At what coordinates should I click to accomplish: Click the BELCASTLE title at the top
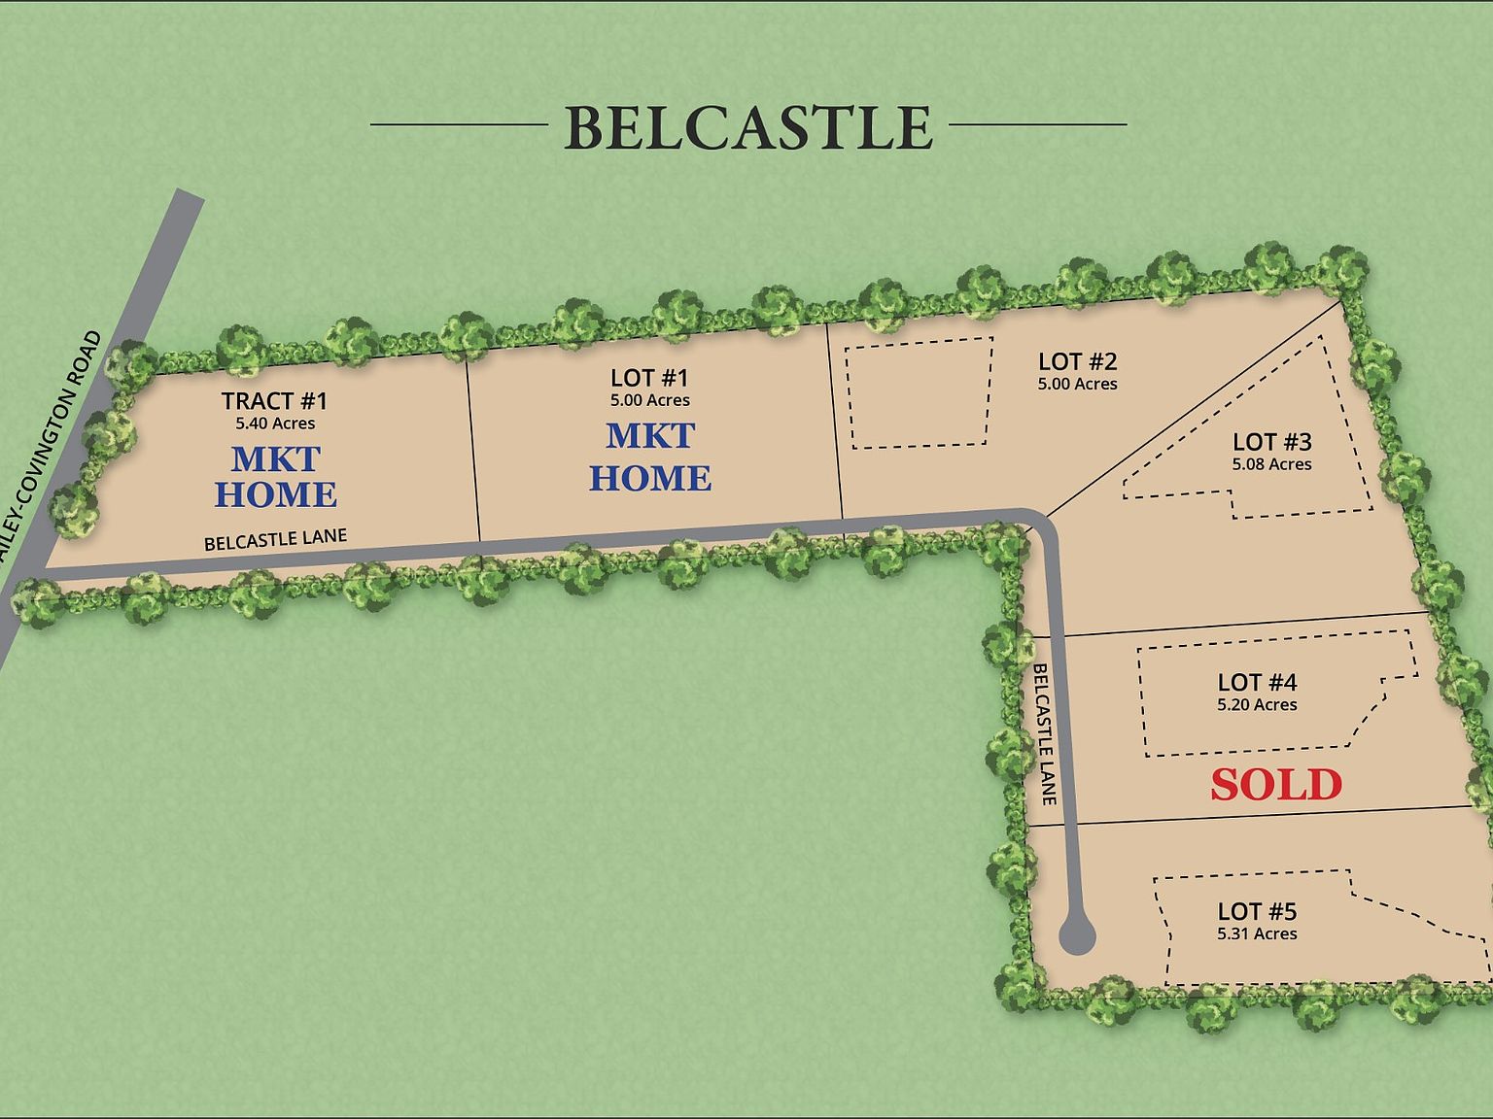pyautogui.click(x=747, y=127)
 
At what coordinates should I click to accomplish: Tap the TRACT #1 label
pyautogui.click(x=274, y=400)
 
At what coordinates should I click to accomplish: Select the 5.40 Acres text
pyautogui.click(x=275, y=424)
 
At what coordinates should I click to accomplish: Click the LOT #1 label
pyautogui.click(x=649, y=378)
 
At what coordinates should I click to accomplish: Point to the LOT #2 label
pyautogui.click(x=1077, y=361)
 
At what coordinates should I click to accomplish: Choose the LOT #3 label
pyautogui.click(x=1271, y=442)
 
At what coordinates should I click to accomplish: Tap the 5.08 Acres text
pyautogui.click(x=1271, y=464)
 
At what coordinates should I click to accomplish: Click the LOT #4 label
pyautogui.click(x=1257, y=682)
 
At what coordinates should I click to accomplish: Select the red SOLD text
pyautogui.click(x=1275, y=785)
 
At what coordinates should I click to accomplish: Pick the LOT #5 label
pyautogui.click(x=1257, y=911)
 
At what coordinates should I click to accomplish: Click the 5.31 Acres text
pyautogui.click(x=1257, y=933)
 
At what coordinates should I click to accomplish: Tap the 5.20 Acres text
pyautogui.click(x=1257, y=705)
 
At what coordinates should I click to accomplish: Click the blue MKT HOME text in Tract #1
pyautogui.click(x=275, y=476)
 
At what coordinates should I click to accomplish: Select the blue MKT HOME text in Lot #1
pyautogui.click(x=650, y=457)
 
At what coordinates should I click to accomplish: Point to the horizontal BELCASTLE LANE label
pyautogui.click(x=275, y=539)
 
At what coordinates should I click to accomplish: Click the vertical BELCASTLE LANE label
pyautogui.click(x=1043, y=733)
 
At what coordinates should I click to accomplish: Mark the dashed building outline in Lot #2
pyautogui.click(x=920, y=393)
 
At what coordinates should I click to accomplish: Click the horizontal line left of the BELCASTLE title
pyautogui.click(x=459, y=124)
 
